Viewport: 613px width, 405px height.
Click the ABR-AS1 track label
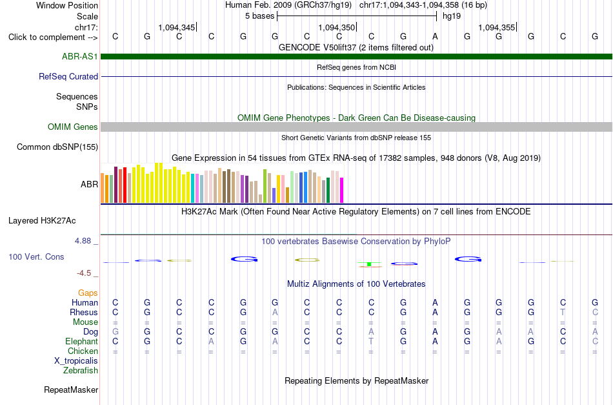(80, 56)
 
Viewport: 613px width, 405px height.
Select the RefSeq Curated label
(68, 76)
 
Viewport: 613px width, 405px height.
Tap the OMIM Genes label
(73, 127)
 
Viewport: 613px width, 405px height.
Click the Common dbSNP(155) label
(57, 147)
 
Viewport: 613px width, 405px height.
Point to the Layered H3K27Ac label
(42, 221)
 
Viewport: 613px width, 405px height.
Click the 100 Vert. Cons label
(36, 256)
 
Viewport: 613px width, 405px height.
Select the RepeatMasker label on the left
(71, 389)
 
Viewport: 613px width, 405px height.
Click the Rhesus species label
(84, 312)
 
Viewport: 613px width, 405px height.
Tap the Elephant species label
(82, 341)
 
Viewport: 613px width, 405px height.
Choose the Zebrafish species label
(81, 370)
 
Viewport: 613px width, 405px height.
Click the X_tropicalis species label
(76, 361)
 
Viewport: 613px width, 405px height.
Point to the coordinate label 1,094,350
(337, 27)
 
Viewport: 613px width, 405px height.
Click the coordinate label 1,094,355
(496, 27)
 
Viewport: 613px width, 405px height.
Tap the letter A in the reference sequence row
(435, 37)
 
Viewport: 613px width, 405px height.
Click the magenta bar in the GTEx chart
(342, 191)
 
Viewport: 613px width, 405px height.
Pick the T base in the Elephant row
(371, 341)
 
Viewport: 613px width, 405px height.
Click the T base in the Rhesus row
(563, 312)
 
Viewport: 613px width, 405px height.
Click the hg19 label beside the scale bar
(452, 16)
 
